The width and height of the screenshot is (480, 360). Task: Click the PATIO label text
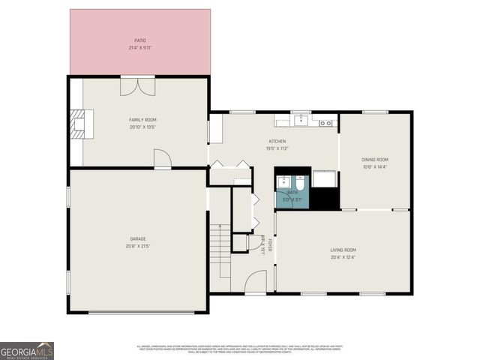point(140,40)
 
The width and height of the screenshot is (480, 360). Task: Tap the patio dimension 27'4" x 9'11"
point(140,48)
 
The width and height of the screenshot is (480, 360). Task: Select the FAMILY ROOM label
point(142,120)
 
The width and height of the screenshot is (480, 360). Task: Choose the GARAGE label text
point(137,239)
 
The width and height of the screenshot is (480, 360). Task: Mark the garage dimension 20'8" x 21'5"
point(137,246)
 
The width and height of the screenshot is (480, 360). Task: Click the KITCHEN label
point(277,141)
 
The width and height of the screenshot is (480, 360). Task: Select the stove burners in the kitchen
point(327,122)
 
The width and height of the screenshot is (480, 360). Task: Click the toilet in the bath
point(298,183)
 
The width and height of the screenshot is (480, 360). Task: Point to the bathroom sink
point(284,181)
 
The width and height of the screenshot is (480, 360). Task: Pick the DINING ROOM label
point(375,159)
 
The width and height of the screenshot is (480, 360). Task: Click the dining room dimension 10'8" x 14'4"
point(375,166)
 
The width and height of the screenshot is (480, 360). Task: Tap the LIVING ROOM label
point(343,250)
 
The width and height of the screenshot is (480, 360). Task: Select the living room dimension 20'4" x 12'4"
point(343,257)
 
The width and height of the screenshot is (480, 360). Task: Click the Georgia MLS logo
point(27,351)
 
